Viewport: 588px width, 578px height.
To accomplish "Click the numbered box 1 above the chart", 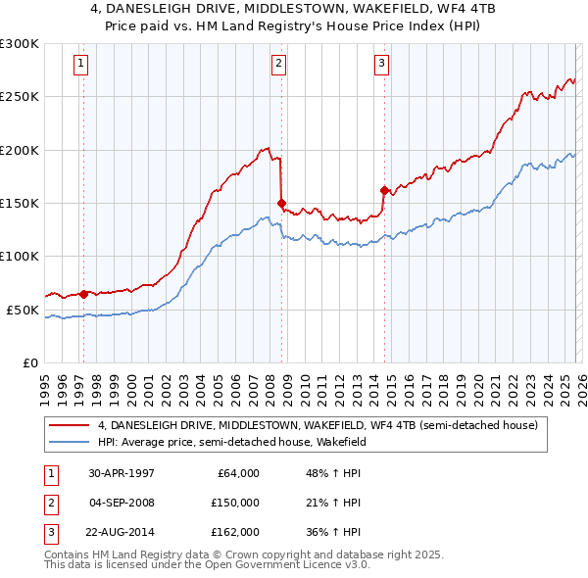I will [79, 65].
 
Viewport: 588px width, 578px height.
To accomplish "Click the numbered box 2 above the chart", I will [278, 65].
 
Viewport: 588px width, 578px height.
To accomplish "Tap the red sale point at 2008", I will [281, 204].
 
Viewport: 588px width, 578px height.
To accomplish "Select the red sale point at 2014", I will [384, 190].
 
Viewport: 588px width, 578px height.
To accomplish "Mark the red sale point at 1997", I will [84, 293].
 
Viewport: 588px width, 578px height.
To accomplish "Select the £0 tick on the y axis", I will [29, 362].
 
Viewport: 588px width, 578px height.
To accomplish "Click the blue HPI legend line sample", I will [70, 442].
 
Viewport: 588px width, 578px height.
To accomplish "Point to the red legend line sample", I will [70, 426].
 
